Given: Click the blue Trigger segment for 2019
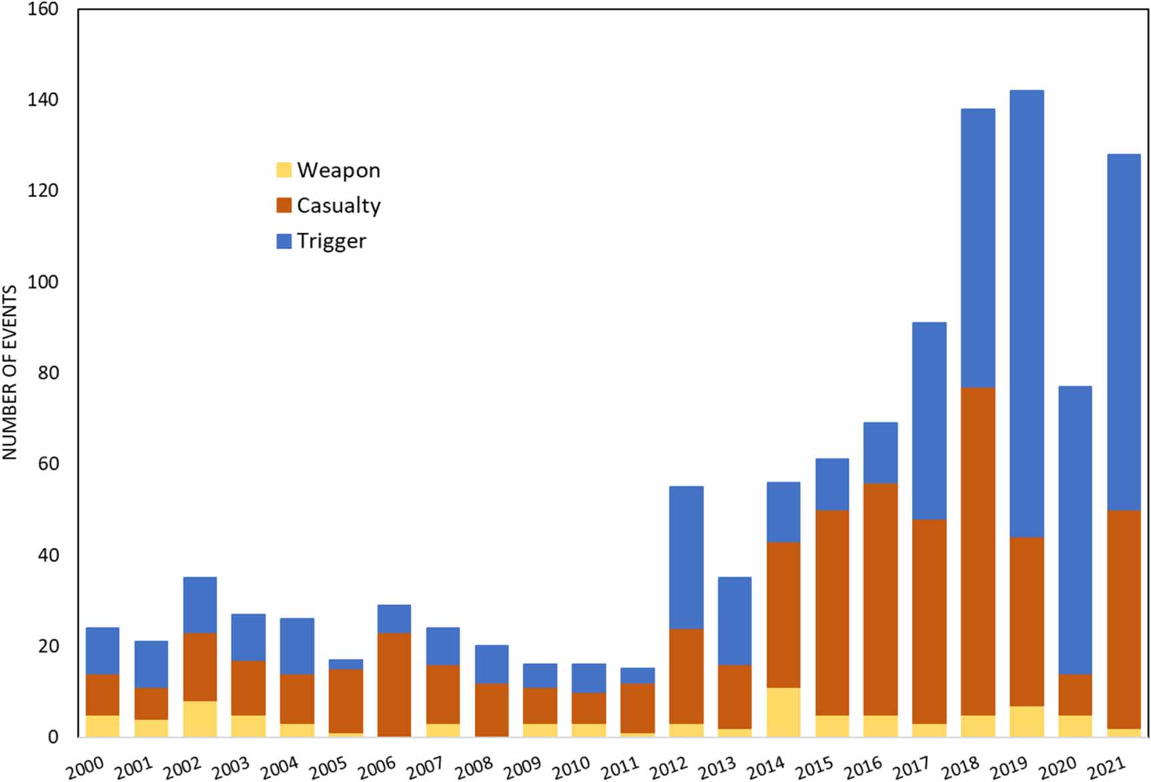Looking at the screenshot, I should (x=1027, y=314).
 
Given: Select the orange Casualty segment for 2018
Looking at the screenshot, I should (x=978, y=551).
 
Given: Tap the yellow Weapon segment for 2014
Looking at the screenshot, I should (x=783, y=712).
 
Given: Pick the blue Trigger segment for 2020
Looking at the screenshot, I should (x=1075, y=530).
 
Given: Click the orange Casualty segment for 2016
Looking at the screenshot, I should (x=880, y=599).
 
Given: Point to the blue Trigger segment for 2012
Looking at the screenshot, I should (x=686, y=557).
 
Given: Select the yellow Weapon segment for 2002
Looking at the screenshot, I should (x=200, y=719).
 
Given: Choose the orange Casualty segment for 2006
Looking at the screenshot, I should (x=394, y=684).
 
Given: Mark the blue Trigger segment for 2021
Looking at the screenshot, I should (x=1124, y=332).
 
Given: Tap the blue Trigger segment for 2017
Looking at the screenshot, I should (x=929, y=420).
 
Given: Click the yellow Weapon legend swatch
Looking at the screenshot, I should (x=284, y=170).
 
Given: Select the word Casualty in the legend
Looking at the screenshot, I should (x=338, y=206).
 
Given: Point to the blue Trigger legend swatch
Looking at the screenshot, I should (x=284, y=241).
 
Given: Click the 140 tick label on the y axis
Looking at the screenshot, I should (x=43, y=100).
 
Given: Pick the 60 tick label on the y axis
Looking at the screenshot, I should (x=48, y=464).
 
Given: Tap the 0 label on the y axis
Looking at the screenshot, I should (x=53, y=737).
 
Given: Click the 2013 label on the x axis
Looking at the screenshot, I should (x=717, y=767).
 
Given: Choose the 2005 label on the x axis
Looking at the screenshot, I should (x=328, y=767).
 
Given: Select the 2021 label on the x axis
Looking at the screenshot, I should (x=1106, y=767).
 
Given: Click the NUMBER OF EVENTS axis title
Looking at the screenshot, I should (x=9, y=372).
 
